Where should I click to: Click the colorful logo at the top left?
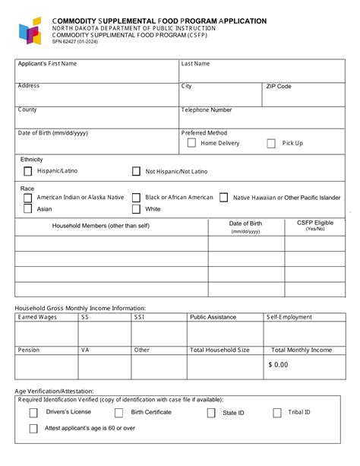(x=30, y=31)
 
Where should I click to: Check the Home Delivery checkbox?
(x=191, y=143)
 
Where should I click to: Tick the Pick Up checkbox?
(x=270, y=143)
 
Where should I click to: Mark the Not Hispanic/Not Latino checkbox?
(x=136, y=172)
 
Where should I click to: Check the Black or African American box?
(x=136, y=198)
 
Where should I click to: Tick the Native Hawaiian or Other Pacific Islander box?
(x=223, y=198)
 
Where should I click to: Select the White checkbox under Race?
(x=136, y=209)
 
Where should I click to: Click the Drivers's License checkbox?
(x=33, y=413)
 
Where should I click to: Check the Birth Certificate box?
(x=118, y=413)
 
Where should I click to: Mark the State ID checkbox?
(x=211, y=413)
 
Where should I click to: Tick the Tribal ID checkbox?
(x=277, y=413)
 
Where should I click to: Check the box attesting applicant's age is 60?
(x=33, y=429)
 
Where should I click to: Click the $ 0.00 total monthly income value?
(x=278, y=365)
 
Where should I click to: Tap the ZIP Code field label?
(x=279, y=87)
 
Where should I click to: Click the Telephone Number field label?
(x=207, y=110)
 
